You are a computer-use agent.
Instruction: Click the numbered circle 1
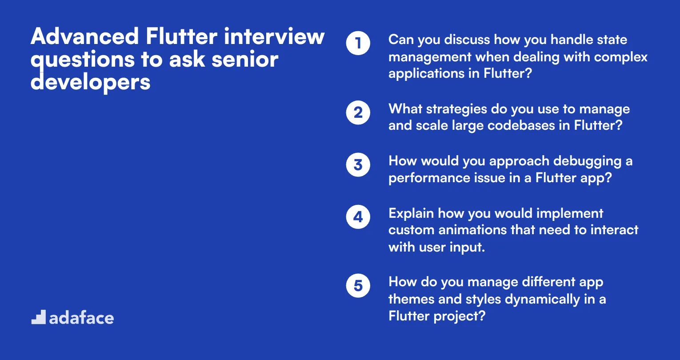pyautogui.click(x=358, y=43)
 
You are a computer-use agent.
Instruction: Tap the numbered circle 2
pyautogui.click(x=358, y=112)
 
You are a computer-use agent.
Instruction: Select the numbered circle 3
pyautogui.click(x=358, y=165)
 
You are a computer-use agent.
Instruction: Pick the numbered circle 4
pyautogui.click(x=358, y=217)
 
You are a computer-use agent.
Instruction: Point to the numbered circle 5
pyautogui.click(x=358, y=285)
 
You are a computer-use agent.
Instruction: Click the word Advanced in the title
pyautogui.click(x=85, y=36)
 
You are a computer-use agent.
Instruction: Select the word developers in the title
pyautogui.click(x=91, y=82)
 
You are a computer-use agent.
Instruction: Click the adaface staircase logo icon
pyautogui.click(x=39, y=317)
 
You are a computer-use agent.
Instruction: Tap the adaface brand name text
pyautogui.click(x=81, y=318)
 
